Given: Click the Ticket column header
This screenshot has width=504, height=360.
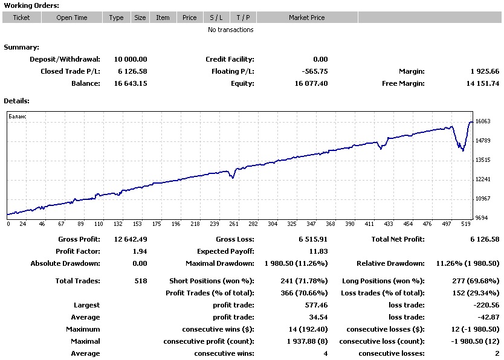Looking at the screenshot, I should [x=21, y=18].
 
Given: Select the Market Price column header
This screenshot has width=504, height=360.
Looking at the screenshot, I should [x=307, y=18].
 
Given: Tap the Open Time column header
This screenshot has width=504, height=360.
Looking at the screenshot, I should [x=72, y=18].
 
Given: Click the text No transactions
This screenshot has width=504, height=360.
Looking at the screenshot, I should [x=231, y=30].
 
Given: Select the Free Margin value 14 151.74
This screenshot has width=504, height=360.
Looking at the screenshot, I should [x=483, y=83].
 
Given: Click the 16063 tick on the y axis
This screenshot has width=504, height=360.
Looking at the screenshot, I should [x=482, y=121].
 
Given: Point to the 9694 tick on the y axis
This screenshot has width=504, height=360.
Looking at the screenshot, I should [x=481, y=218].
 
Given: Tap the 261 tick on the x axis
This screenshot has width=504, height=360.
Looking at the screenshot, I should [x=234, y=224].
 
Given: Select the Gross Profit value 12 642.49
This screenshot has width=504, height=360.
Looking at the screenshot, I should [x=131, y=239].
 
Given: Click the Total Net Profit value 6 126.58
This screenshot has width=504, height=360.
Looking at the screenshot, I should [x=484, y=239].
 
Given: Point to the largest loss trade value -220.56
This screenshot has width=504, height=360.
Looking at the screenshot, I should [x=487, y=305].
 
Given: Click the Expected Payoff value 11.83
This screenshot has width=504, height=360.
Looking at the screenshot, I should [x=318, y=251].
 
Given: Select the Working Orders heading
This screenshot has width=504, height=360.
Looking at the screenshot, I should [x=31, y=5].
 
